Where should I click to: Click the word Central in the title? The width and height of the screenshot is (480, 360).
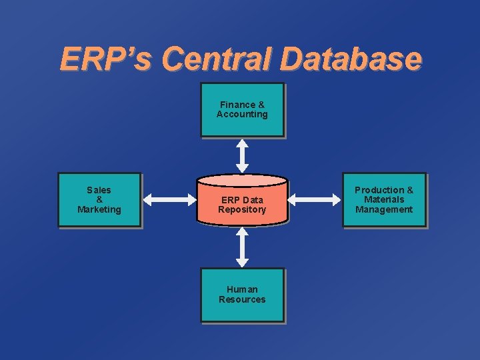tap(216, 59)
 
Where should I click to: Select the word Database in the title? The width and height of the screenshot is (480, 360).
tap(351, 59)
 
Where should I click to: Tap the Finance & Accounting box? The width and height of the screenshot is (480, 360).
tap(243, 110)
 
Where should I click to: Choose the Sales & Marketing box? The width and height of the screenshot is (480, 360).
tap(99, 200)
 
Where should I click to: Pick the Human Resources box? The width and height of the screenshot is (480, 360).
tap(243, 295)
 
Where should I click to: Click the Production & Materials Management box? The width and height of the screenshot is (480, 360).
tap(384, 200)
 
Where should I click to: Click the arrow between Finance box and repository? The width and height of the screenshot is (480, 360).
tap(243, 155)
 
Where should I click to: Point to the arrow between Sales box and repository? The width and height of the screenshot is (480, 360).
tap(168, 199)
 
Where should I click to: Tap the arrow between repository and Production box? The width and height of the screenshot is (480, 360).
tap(315, 199)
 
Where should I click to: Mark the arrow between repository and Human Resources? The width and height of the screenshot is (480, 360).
tap(243, 247)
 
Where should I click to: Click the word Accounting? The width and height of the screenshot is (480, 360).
tap(242, 115)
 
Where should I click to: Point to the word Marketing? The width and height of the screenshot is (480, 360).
tap(99, 210)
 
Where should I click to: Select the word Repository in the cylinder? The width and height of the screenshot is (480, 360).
tap(242, 210)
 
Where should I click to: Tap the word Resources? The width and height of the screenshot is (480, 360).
tap(242, 300)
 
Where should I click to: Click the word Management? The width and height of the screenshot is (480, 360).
tap(384, 210)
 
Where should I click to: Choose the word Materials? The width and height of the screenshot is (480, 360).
tap(384, 200)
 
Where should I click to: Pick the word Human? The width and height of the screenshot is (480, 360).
tap(242, 290)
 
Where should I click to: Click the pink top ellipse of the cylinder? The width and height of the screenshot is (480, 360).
tap(243, 180)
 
